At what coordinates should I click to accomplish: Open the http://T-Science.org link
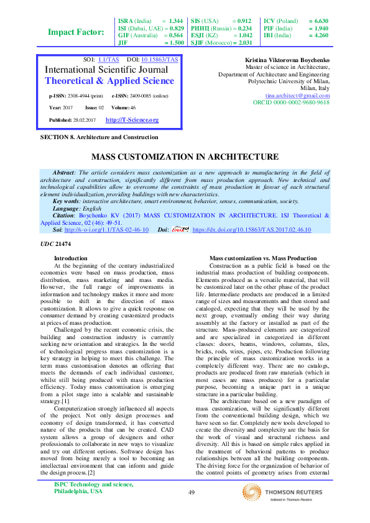click(132, 120)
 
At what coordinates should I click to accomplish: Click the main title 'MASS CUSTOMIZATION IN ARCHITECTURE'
click(185, 157)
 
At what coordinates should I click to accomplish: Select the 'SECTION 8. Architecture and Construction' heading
click(99, 137)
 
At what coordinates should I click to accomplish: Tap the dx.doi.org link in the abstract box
click(261, 229)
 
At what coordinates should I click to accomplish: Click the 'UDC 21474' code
click(55, 243)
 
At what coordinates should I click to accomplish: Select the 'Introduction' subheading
click(71, 258)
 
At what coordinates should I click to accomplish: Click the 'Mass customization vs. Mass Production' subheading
click(262, 258)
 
